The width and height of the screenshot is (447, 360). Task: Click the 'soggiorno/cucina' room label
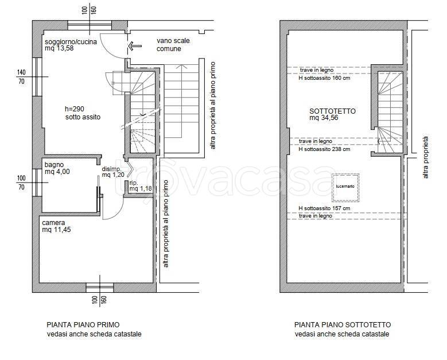71,42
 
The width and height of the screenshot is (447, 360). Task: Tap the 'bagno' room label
54,165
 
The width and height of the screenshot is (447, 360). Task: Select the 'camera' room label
53,223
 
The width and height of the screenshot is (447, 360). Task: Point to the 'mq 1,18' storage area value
141,188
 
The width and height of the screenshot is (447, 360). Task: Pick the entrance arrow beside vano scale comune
135,45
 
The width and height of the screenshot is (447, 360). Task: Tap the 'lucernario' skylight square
345,186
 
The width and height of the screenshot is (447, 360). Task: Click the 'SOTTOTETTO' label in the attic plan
332,111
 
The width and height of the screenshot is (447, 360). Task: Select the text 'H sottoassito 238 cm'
324,149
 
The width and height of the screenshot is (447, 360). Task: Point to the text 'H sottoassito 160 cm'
324,78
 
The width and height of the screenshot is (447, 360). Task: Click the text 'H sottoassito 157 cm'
324,208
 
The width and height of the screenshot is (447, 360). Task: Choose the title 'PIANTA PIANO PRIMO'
83,324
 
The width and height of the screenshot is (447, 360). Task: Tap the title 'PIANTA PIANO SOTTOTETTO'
343,324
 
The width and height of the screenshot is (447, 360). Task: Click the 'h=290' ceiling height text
75,109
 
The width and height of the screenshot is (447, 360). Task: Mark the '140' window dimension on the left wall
21,72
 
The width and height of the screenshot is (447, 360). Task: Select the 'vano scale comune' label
173,45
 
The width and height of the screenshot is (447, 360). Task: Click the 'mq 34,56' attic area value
324,118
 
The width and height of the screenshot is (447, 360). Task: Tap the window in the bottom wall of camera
100,288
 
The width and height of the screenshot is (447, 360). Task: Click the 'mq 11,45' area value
56,229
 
